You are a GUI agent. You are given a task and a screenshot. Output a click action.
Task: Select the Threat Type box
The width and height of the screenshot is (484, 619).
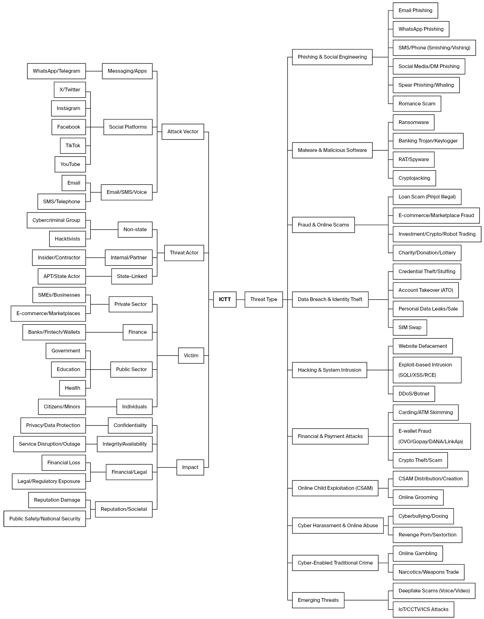pos(264,299)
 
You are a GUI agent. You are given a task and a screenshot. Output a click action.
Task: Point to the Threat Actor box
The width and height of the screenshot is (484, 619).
pos(184,253)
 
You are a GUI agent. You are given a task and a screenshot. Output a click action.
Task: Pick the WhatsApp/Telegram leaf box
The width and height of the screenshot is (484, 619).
pos(56,71)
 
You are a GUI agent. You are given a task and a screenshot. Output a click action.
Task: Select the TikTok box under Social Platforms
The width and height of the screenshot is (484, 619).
pos(73,146)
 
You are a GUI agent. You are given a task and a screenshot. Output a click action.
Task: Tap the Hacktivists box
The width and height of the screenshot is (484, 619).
pos(67,239)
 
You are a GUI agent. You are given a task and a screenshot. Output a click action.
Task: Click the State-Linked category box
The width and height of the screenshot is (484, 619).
pos(132,276)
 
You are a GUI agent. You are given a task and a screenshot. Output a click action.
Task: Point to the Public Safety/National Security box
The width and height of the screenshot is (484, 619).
pos(45,519)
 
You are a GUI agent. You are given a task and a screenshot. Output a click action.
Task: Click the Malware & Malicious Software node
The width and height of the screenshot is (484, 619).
pos(332,150)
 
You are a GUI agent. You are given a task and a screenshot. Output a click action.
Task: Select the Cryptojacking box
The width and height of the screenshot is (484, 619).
pos(414,178)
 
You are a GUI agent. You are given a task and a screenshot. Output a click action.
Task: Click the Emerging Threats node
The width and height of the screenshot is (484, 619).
pos(318,600)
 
